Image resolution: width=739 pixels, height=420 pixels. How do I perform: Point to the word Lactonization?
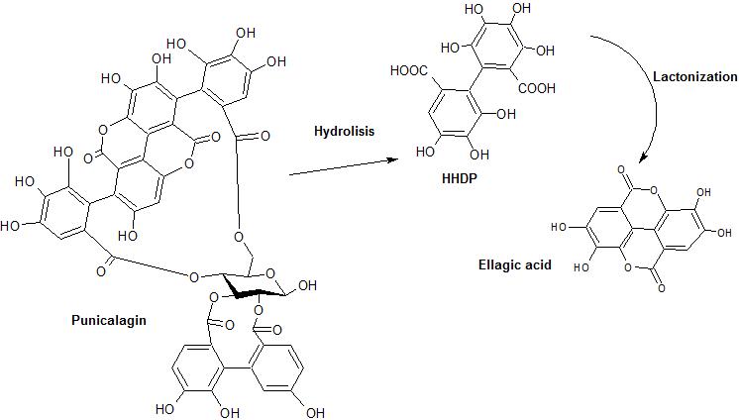(x=694, y=76)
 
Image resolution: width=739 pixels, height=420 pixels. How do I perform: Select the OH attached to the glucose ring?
(x=306, y=287)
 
